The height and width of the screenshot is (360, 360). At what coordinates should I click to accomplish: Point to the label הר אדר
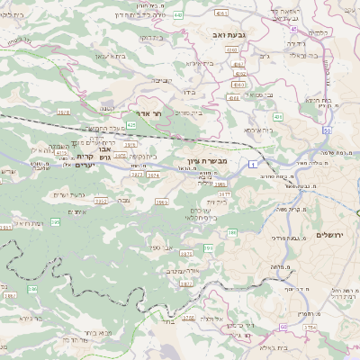(151, 114)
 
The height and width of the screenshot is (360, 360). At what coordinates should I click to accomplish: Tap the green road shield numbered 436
(278, 117)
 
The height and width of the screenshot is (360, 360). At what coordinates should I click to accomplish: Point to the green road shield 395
(56, 221)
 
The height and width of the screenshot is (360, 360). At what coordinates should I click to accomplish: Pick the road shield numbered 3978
(63, 112)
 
